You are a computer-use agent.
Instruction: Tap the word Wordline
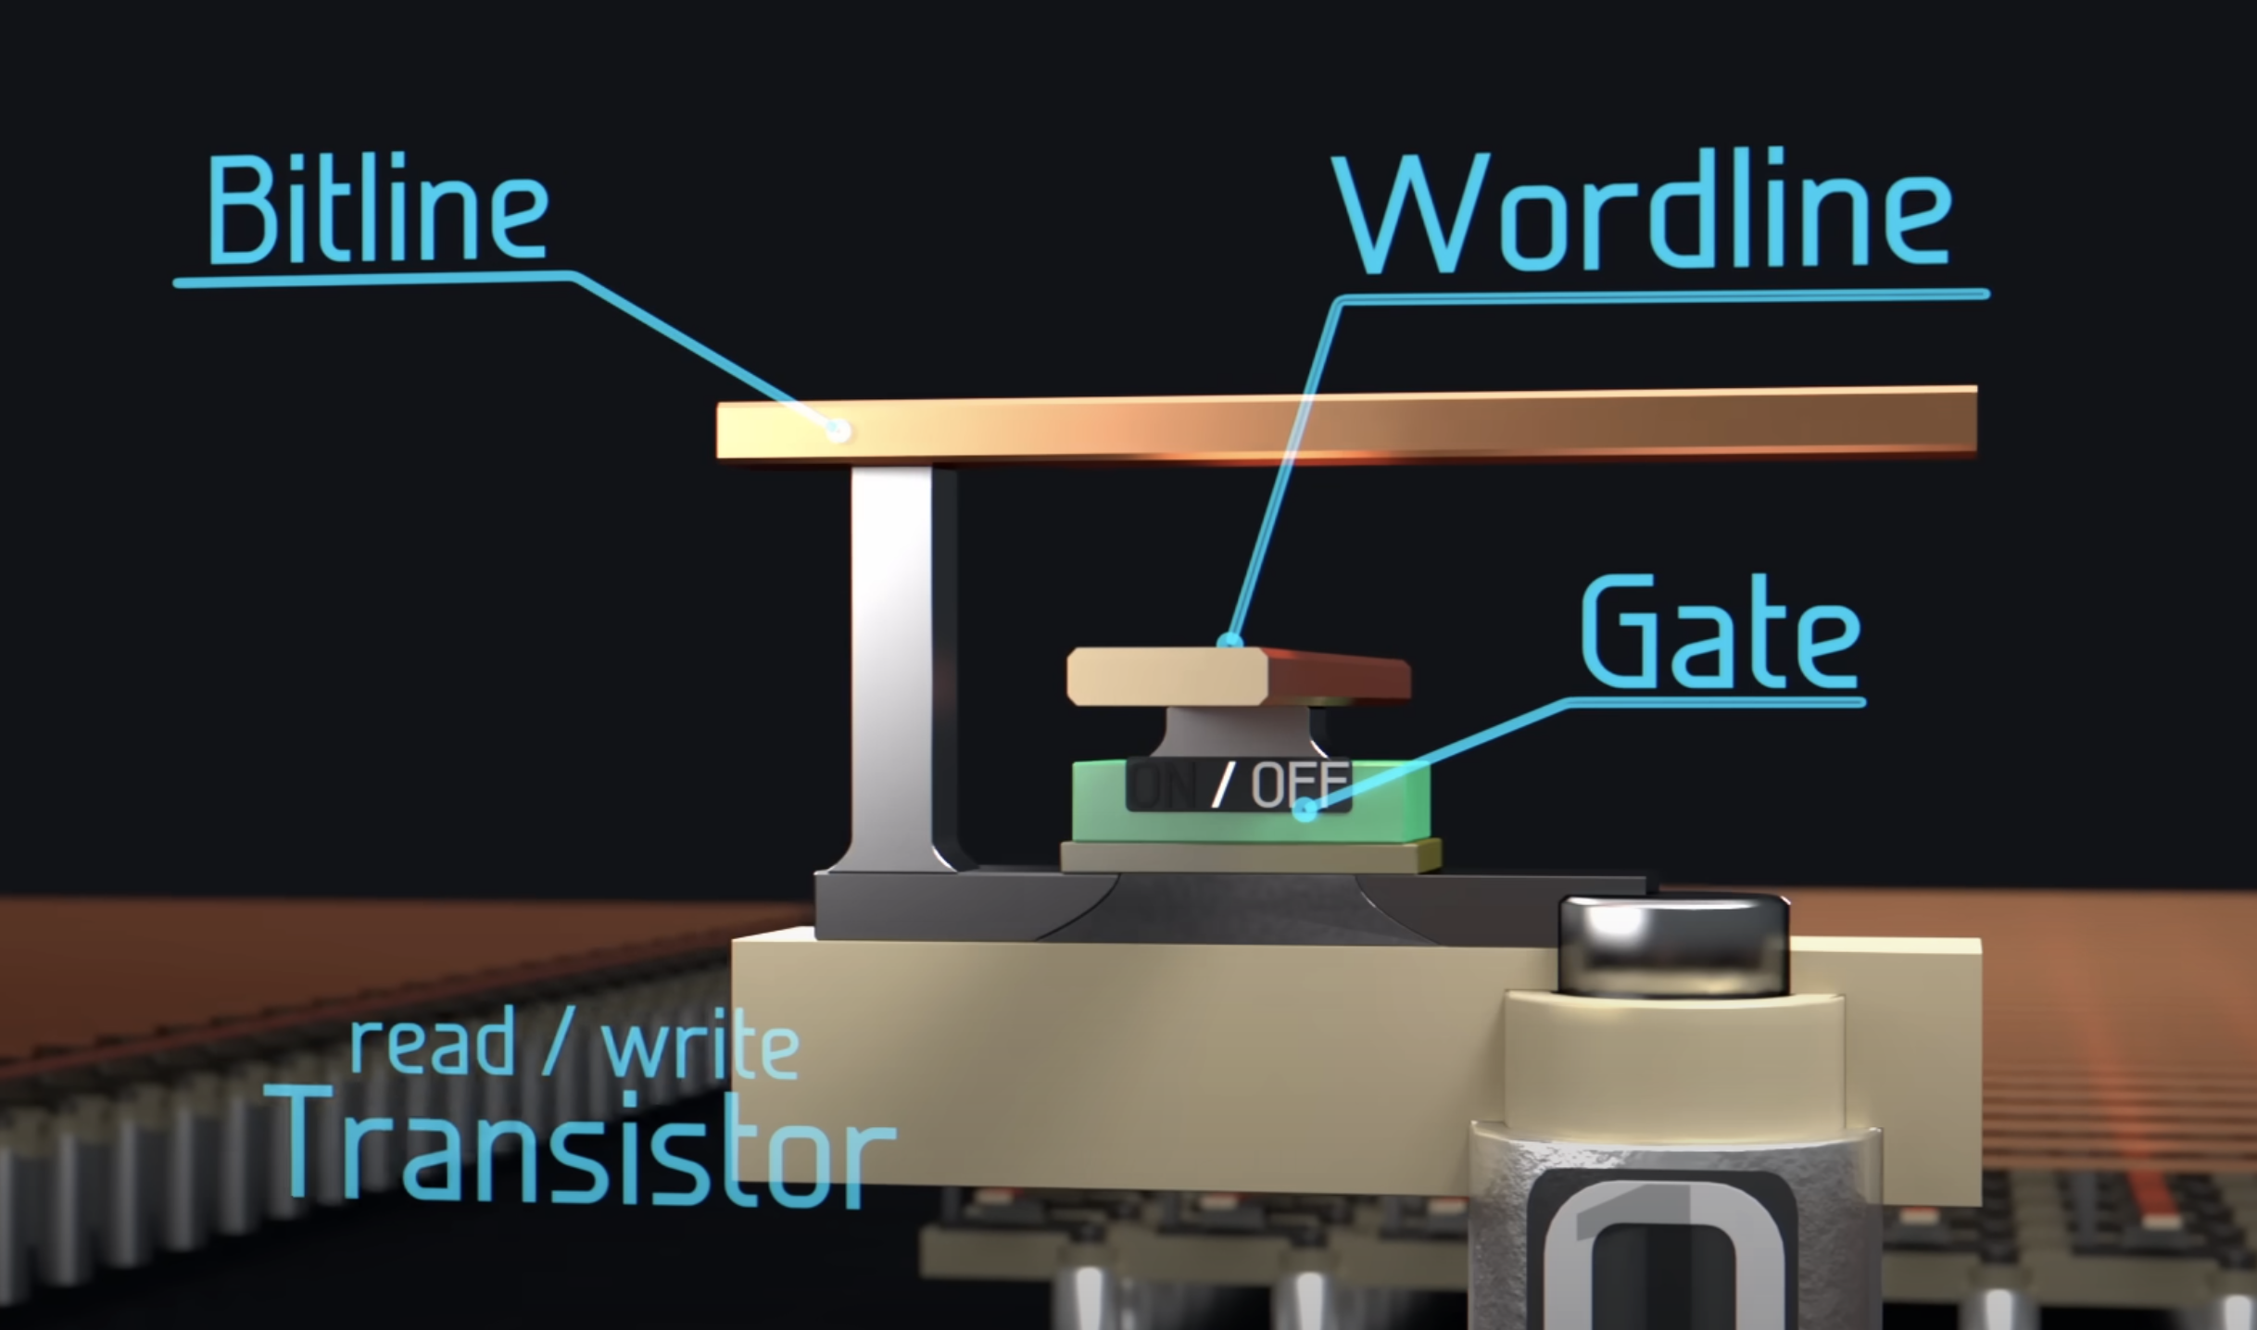[x=1645, y=215]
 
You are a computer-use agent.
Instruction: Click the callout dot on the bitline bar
[x=838, y=431]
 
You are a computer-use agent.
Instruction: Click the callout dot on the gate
[x=1305, y=810]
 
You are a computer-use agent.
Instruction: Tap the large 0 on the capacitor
[x=1658, y=1269]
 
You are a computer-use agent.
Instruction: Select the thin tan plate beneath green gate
[x=1251, y=857]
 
